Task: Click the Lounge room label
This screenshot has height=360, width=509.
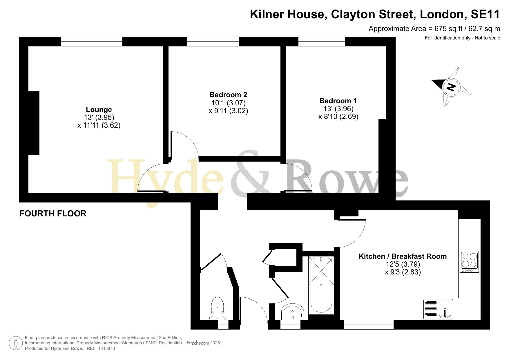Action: (x=99, y=110)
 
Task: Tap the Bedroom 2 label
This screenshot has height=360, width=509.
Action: (x=228, y=95)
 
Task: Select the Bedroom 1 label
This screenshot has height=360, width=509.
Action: (x=338, y=101)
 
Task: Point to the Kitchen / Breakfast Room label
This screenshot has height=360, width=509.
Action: (x=403, y=256)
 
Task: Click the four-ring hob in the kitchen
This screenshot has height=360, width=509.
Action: (x=469, y=262)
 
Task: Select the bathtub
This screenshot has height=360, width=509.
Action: (x=321, y=285)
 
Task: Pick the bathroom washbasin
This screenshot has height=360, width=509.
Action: (x=292, y=312)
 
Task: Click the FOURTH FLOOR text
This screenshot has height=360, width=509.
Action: (x=53, y=214)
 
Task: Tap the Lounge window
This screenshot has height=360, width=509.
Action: (x=92, y=41)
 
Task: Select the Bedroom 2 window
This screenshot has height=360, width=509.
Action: (x=213, y=41)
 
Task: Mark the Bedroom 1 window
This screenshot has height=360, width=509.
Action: (x=322, y=41)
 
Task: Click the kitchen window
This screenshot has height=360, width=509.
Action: (x=369, y=325)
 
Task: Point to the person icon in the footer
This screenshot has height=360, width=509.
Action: (x=16, y=343)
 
